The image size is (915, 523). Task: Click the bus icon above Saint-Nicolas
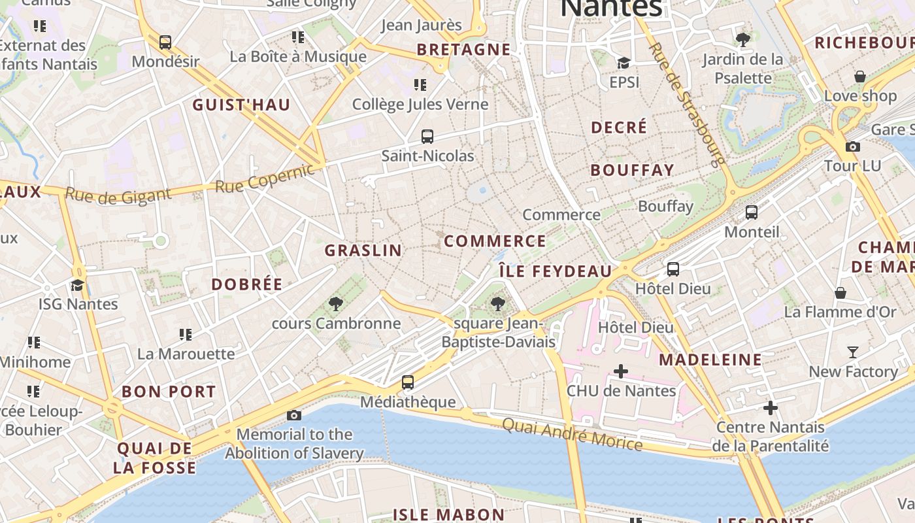427,137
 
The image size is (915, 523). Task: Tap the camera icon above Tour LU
852,146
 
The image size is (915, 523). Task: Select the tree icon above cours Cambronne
336,303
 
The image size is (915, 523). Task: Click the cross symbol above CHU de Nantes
620,371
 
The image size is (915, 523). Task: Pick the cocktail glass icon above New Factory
852,352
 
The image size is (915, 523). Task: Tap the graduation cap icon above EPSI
624,63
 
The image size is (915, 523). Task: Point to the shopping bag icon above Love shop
859,76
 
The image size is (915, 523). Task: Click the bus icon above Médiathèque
407,382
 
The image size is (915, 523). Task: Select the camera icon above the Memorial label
294,415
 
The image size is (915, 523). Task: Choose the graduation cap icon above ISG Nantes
78,285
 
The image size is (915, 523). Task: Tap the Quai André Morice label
572,433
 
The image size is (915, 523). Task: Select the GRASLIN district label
363,250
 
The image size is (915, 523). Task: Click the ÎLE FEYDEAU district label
555,271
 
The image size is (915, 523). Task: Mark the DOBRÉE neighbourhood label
247,284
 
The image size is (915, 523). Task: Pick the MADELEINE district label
710,360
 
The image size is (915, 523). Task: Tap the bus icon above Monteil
752,212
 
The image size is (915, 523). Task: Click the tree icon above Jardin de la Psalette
742,40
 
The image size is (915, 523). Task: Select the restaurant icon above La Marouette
186,335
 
